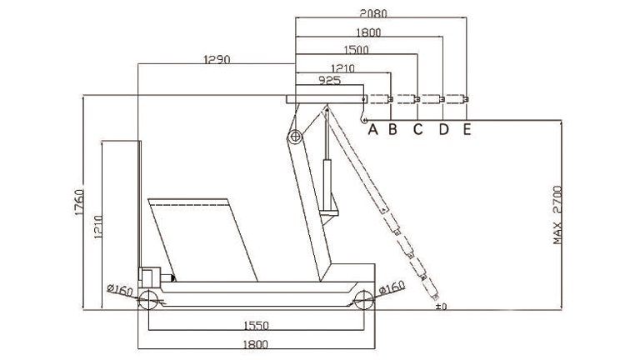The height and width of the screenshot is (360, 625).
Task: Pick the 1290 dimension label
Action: tap(217, 59)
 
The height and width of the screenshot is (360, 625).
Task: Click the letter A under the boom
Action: tap(372, 129)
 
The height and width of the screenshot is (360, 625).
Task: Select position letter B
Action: tap(393, 129)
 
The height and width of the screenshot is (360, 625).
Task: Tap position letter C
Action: tap(417, 129)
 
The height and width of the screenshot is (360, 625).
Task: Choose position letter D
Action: tap(443, 129)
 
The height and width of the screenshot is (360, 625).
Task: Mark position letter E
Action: tap(467, 129)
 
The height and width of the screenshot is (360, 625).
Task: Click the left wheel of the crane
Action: tap(149, 302)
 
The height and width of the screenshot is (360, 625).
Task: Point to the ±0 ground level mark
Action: tap(442, 307)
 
